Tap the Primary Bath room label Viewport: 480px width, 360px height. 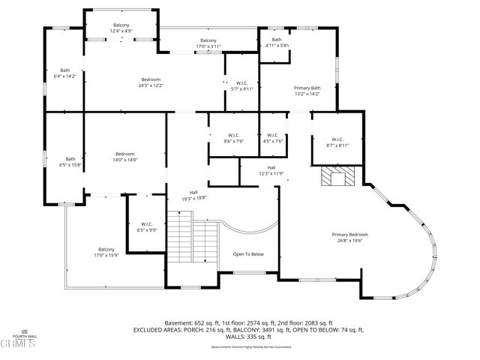[306, 91]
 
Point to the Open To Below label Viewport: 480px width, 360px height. [247, 254]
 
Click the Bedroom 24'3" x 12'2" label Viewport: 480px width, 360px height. [151, 82]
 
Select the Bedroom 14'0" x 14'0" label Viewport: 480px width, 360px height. [124, 157]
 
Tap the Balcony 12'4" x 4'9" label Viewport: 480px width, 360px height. [121, 28]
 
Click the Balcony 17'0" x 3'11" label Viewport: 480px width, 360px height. [208, 43]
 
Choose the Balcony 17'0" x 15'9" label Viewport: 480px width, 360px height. [106, 253]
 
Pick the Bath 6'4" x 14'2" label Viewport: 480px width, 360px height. [64, 73]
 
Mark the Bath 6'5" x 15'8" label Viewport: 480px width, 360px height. [70, 162]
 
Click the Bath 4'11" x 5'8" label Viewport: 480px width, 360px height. [277, 43]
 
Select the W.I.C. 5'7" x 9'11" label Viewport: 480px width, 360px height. [241, 85]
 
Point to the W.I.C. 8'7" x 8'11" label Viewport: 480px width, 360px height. [337, 142]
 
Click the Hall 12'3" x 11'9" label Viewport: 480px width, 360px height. [271, 170]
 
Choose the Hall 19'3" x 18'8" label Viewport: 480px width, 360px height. [193, 195]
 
